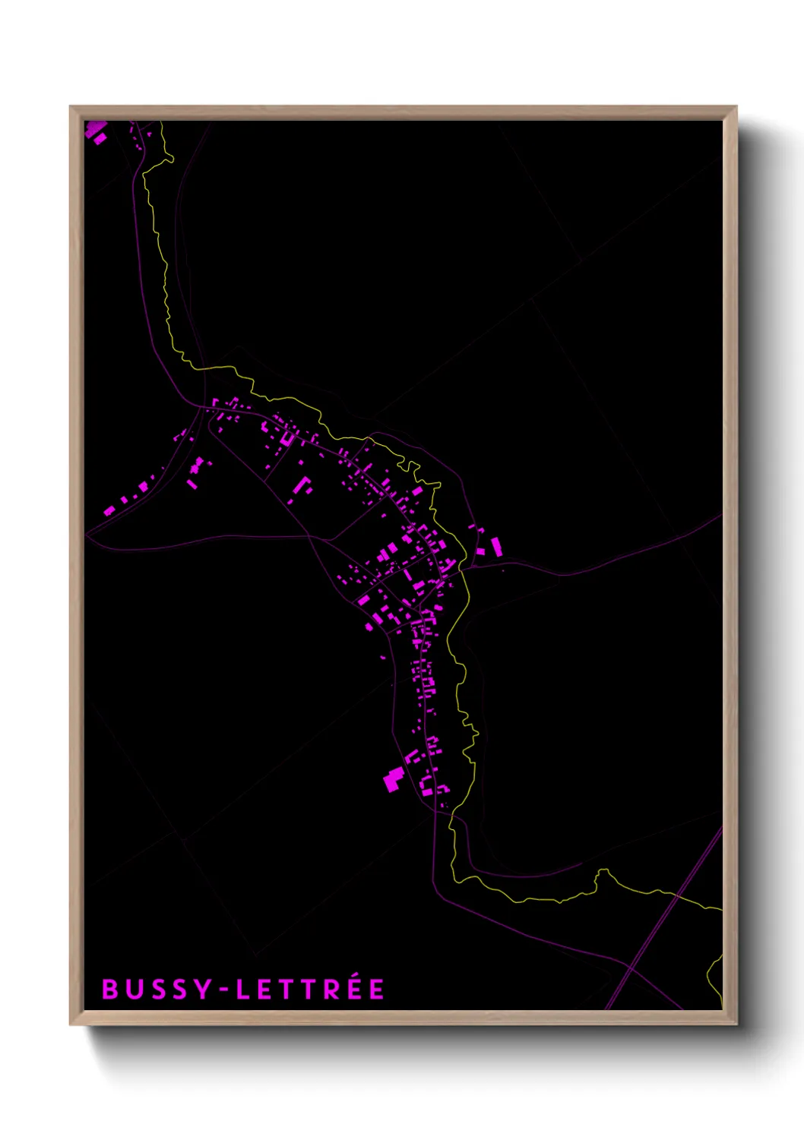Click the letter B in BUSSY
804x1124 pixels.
click(x=110, y=989)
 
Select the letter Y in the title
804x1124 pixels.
click(x=202, y=989)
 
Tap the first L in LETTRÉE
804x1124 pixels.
click(x=242, y=989)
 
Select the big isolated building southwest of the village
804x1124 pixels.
click(x=393, y=779)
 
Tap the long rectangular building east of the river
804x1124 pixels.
click(x=496, y=546)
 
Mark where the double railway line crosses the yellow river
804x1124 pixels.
click(x=676, y=896)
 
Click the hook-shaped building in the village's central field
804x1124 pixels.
click(x=302, y=485)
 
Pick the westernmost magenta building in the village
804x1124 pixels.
click(x=109, y=510)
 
